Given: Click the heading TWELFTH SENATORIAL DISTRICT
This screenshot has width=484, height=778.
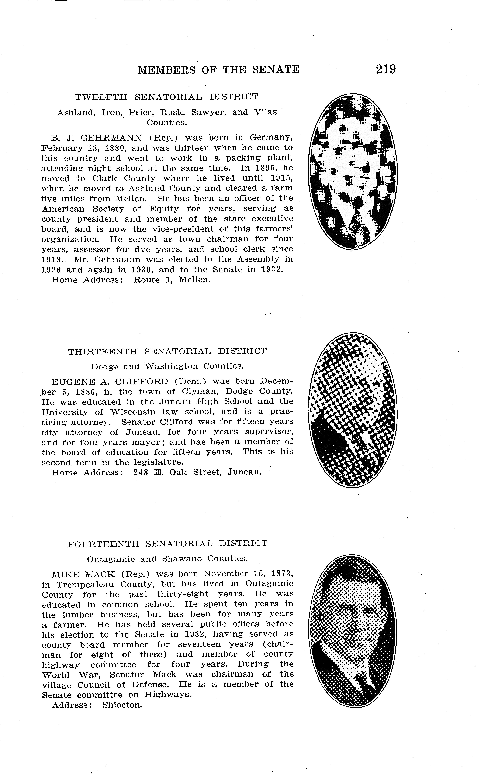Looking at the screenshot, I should coord(166,97).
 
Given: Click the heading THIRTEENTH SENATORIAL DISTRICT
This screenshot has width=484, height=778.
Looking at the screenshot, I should coord(167,352).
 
